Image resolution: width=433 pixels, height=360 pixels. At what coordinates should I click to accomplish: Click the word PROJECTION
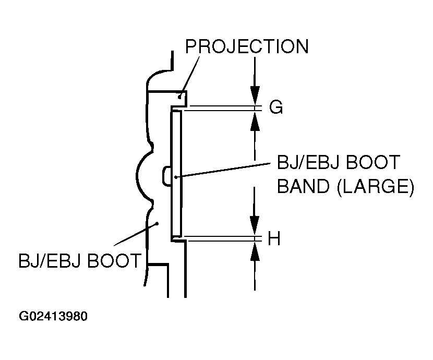tap(247, 46)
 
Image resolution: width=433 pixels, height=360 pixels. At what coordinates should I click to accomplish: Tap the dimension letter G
tap(276, 107)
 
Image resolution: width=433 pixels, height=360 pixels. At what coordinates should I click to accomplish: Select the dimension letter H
tap(274, 239)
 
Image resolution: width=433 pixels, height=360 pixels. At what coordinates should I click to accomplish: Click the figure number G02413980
tap(53, 317)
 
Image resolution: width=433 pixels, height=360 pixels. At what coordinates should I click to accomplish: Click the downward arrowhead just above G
tap(254, 96)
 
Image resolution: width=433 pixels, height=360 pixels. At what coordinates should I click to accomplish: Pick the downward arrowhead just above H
tap(254, 225)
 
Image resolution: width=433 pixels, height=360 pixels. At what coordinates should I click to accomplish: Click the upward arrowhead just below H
tap(254, 252)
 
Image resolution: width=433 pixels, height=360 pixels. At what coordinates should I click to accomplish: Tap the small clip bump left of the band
tap(166, 176)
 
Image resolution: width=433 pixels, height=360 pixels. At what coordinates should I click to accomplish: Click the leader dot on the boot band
tap(176, 177)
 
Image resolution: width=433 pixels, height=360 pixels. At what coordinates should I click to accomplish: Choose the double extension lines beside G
tap(219, 108)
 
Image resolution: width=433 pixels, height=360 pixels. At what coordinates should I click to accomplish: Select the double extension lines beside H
tap(219, 239)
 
